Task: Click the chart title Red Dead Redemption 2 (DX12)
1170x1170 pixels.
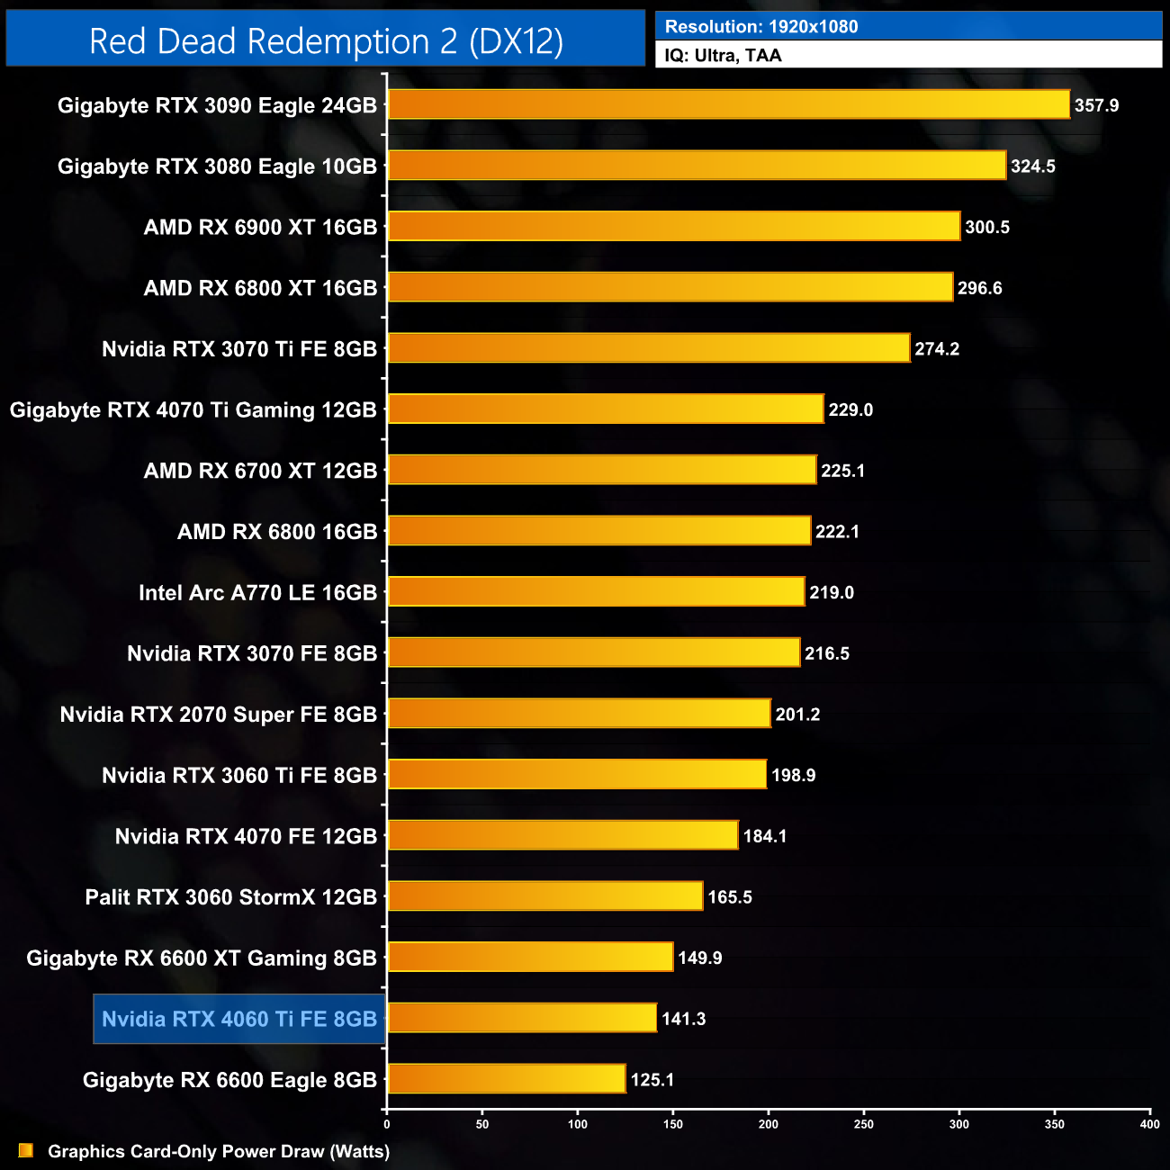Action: (326, 41)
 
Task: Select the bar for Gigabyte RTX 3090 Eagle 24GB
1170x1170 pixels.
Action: (728, 104)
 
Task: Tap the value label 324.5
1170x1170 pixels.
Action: (1032, 166)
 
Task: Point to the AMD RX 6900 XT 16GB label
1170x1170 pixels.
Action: (260, 228)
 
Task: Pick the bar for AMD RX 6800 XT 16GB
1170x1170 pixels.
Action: (670, 287)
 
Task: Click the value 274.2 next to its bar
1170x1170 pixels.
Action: (937, 349)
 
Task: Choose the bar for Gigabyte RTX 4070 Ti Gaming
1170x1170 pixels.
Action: (605, 409)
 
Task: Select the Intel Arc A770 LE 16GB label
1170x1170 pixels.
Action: (257, 593)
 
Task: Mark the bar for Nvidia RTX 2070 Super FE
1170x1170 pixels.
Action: (579, 714)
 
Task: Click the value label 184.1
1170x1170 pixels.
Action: (765, 836)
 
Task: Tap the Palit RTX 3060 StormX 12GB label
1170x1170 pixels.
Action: (230, 897)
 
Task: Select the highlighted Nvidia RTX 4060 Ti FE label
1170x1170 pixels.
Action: (239, 1019)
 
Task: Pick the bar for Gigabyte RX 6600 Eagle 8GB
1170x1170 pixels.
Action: (506, 1078)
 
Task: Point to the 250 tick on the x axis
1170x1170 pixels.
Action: (864, 1123)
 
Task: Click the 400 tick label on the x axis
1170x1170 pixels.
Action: (1149, 1123)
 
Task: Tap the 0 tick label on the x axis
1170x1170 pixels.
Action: (387, 1123)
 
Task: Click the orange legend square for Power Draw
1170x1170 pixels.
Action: (25, 1150)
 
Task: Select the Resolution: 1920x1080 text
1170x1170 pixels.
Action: (761, 27)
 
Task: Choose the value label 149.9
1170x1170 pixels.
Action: (700, 958)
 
